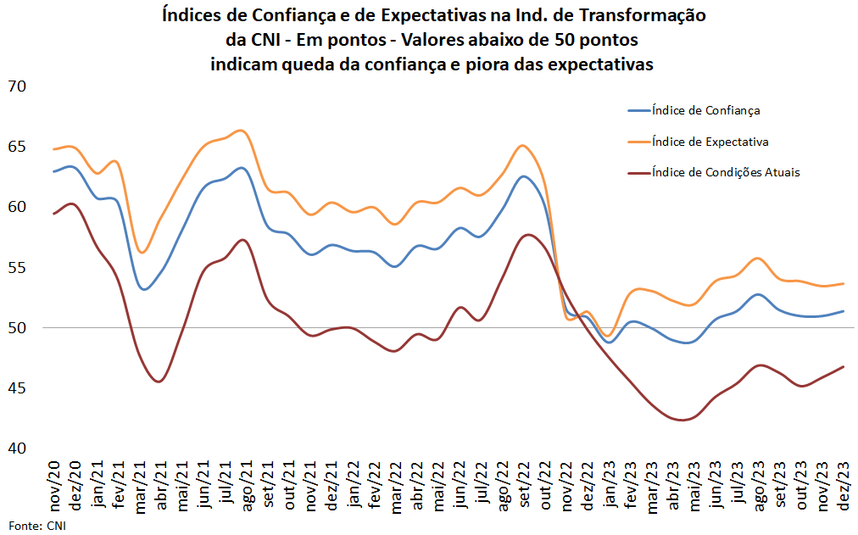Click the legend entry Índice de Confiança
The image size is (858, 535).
(705, 110)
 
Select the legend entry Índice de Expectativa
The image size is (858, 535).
(710, 141)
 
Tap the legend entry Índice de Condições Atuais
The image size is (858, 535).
(726, 172)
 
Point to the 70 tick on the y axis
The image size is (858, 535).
(17, 86)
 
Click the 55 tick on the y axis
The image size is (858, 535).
(17, 267)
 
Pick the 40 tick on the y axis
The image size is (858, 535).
(17, 448)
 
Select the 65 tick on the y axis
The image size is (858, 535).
(17, 147)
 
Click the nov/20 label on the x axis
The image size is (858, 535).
(54, 486)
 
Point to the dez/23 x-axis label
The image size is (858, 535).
(844, 486)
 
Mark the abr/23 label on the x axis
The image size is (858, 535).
(676, 486)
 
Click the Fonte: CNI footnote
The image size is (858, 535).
(36, 526)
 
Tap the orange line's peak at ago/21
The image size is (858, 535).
(242, 131)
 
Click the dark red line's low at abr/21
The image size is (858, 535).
(159, 382)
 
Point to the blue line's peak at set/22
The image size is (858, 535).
(524, 176)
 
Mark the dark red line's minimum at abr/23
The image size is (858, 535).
(681, 420)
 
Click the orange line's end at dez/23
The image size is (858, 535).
(843, 284)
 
